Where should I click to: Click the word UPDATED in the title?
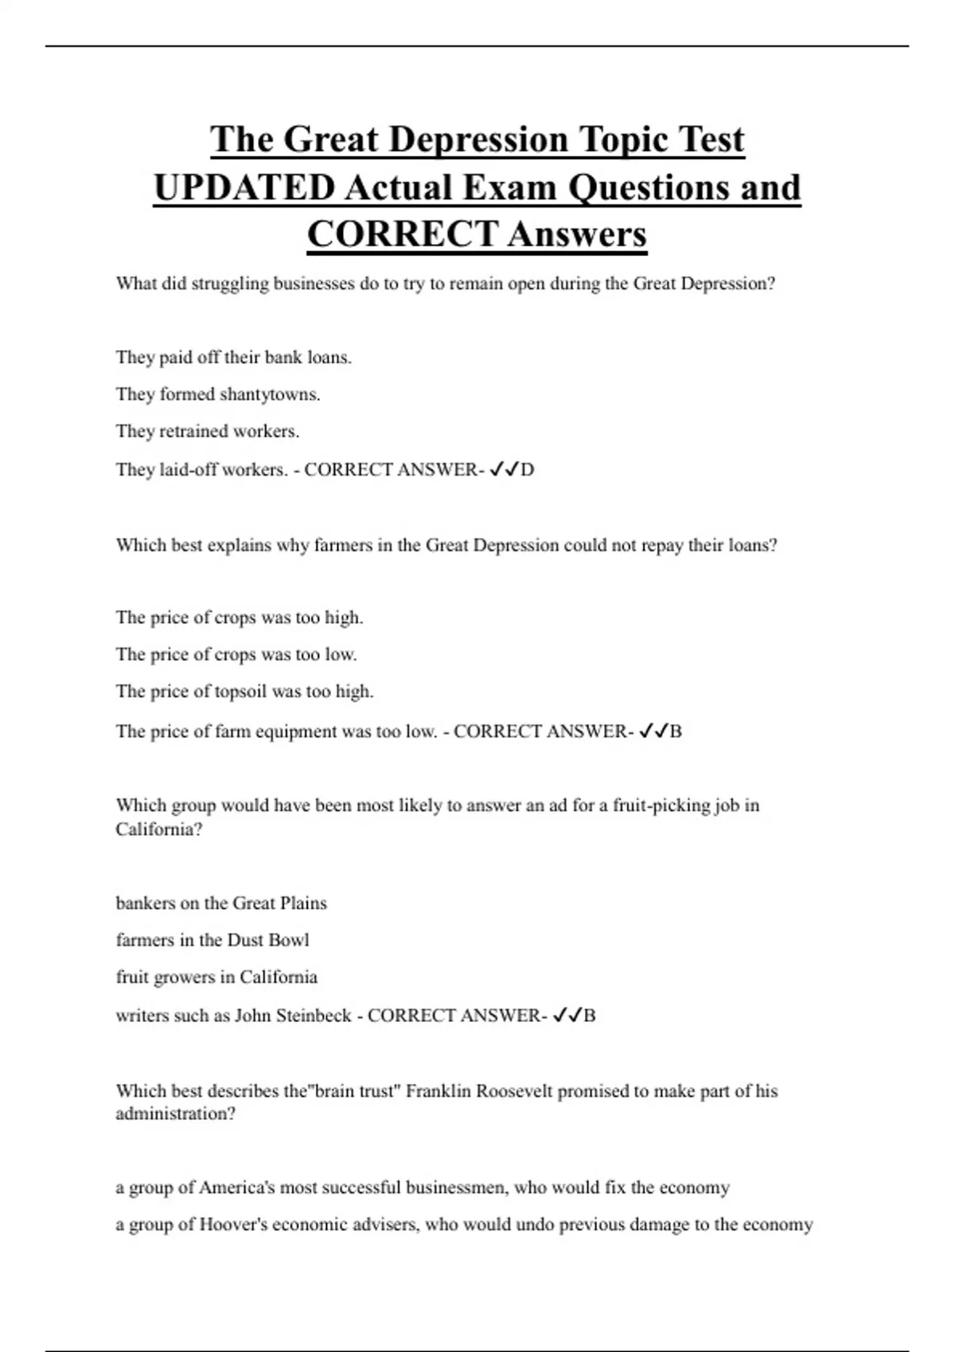click(x=244, y=188)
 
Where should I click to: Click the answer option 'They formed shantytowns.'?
click(x=218, y=394)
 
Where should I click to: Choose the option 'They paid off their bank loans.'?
click(x=233, y=358)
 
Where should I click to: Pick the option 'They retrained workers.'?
click(x=207, y=431)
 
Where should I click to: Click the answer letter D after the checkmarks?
click(x=527, y=470)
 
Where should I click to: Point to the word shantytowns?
click(x=269, y=394)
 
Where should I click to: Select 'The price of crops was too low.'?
click(x=236, y=655)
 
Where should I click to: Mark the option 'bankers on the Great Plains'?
click(x=221, y=903)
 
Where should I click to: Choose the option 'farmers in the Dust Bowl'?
click(x=212, y=940)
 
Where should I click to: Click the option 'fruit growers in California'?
click(x=216, y=977)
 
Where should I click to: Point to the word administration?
click(x=175, y=1114)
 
